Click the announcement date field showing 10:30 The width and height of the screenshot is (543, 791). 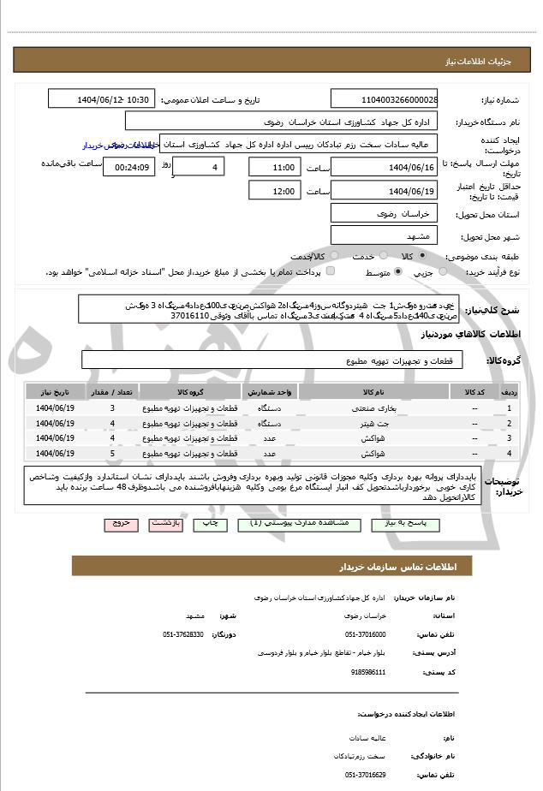coord(103,100)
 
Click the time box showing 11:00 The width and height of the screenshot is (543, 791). coord(274,166)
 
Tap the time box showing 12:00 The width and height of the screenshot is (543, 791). coord(274,190)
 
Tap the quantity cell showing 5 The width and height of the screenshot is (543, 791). coord(112,453)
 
